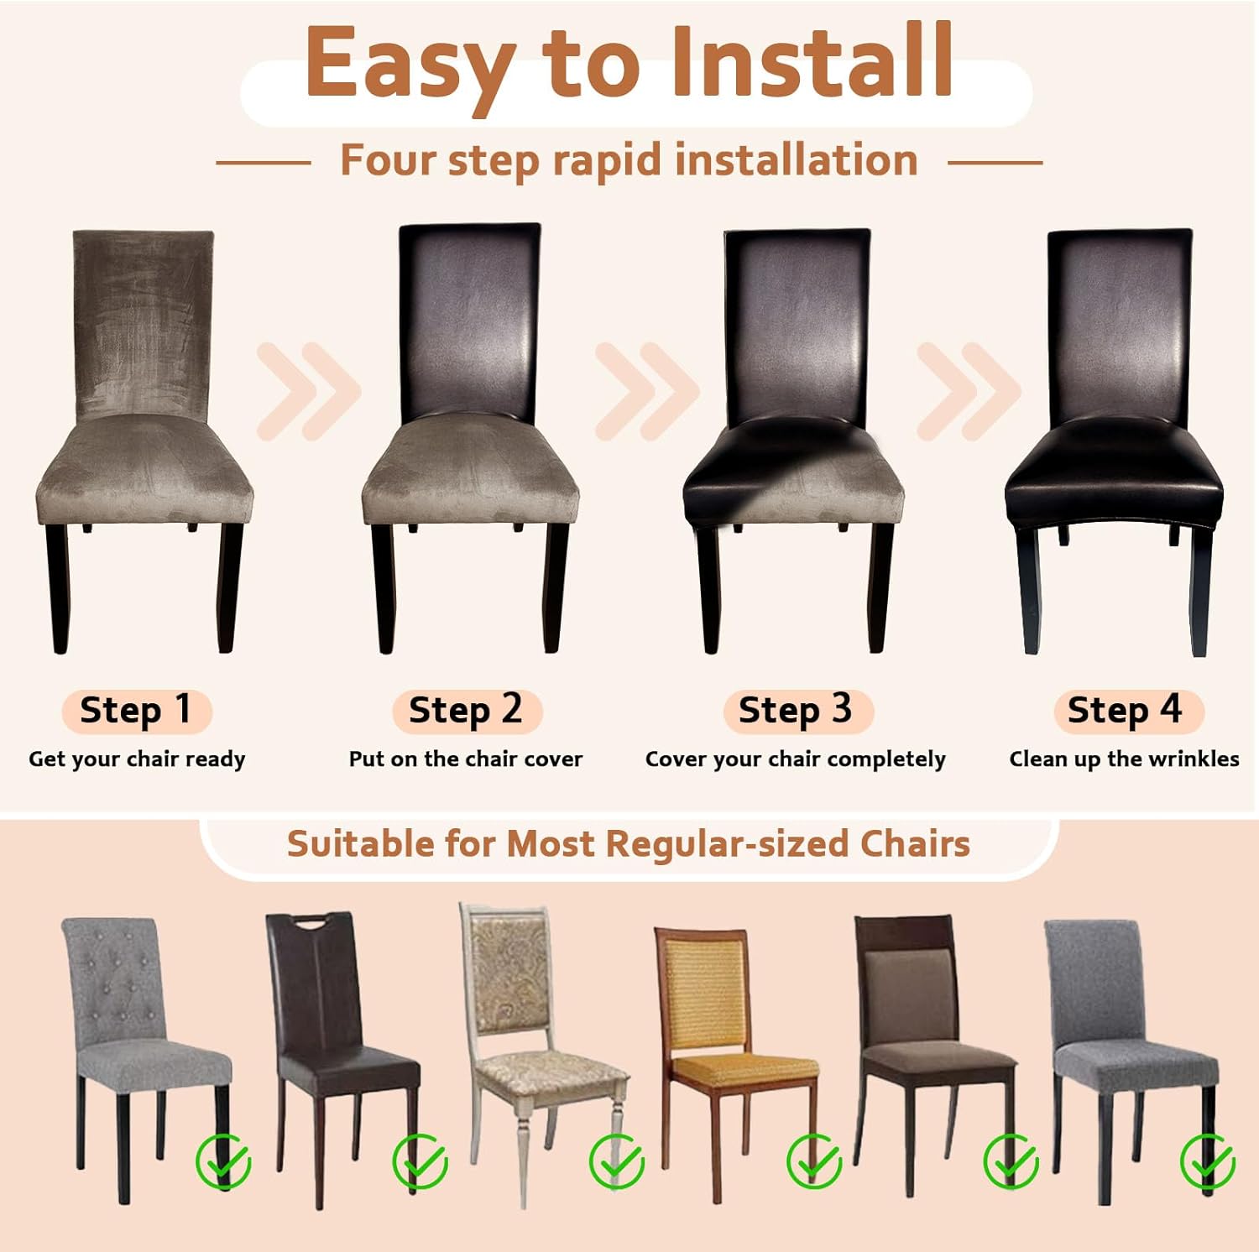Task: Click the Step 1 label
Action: click(x=136, y=711)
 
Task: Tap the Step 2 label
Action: click(x=466, y=711)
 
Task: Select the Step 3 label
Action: click(x=796, y=711)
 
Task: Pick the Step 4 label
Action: click(x=1126, y=711)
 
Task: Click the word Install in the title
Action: click(x=812, y=61)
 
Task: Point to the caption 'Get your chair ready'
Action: click(x=137, y=759)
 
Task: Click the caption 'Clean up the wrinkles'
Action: click(x=1125, y=759)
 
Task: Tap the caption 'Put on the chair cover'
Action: click(x=466, y=759)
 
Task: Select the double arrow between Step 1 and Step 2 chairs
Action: click(x=309, y=391)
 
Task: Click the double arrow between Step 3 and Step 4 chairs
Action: click(x=969, y=391)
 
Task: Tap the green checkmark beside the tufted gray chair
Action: click(x=223, y=1162)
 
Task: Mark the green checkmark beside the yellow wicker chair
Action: click(x=814, y=1161)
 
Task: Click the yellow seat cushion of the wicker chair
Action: click(x=745, y=1067)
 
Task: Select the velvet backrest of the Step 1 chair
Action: click(x=144, y=326)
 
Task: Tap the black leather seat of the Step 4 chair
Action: click(x=1114, y=474)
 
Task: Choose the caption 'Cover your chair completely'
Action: click(x=796, y=759)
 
